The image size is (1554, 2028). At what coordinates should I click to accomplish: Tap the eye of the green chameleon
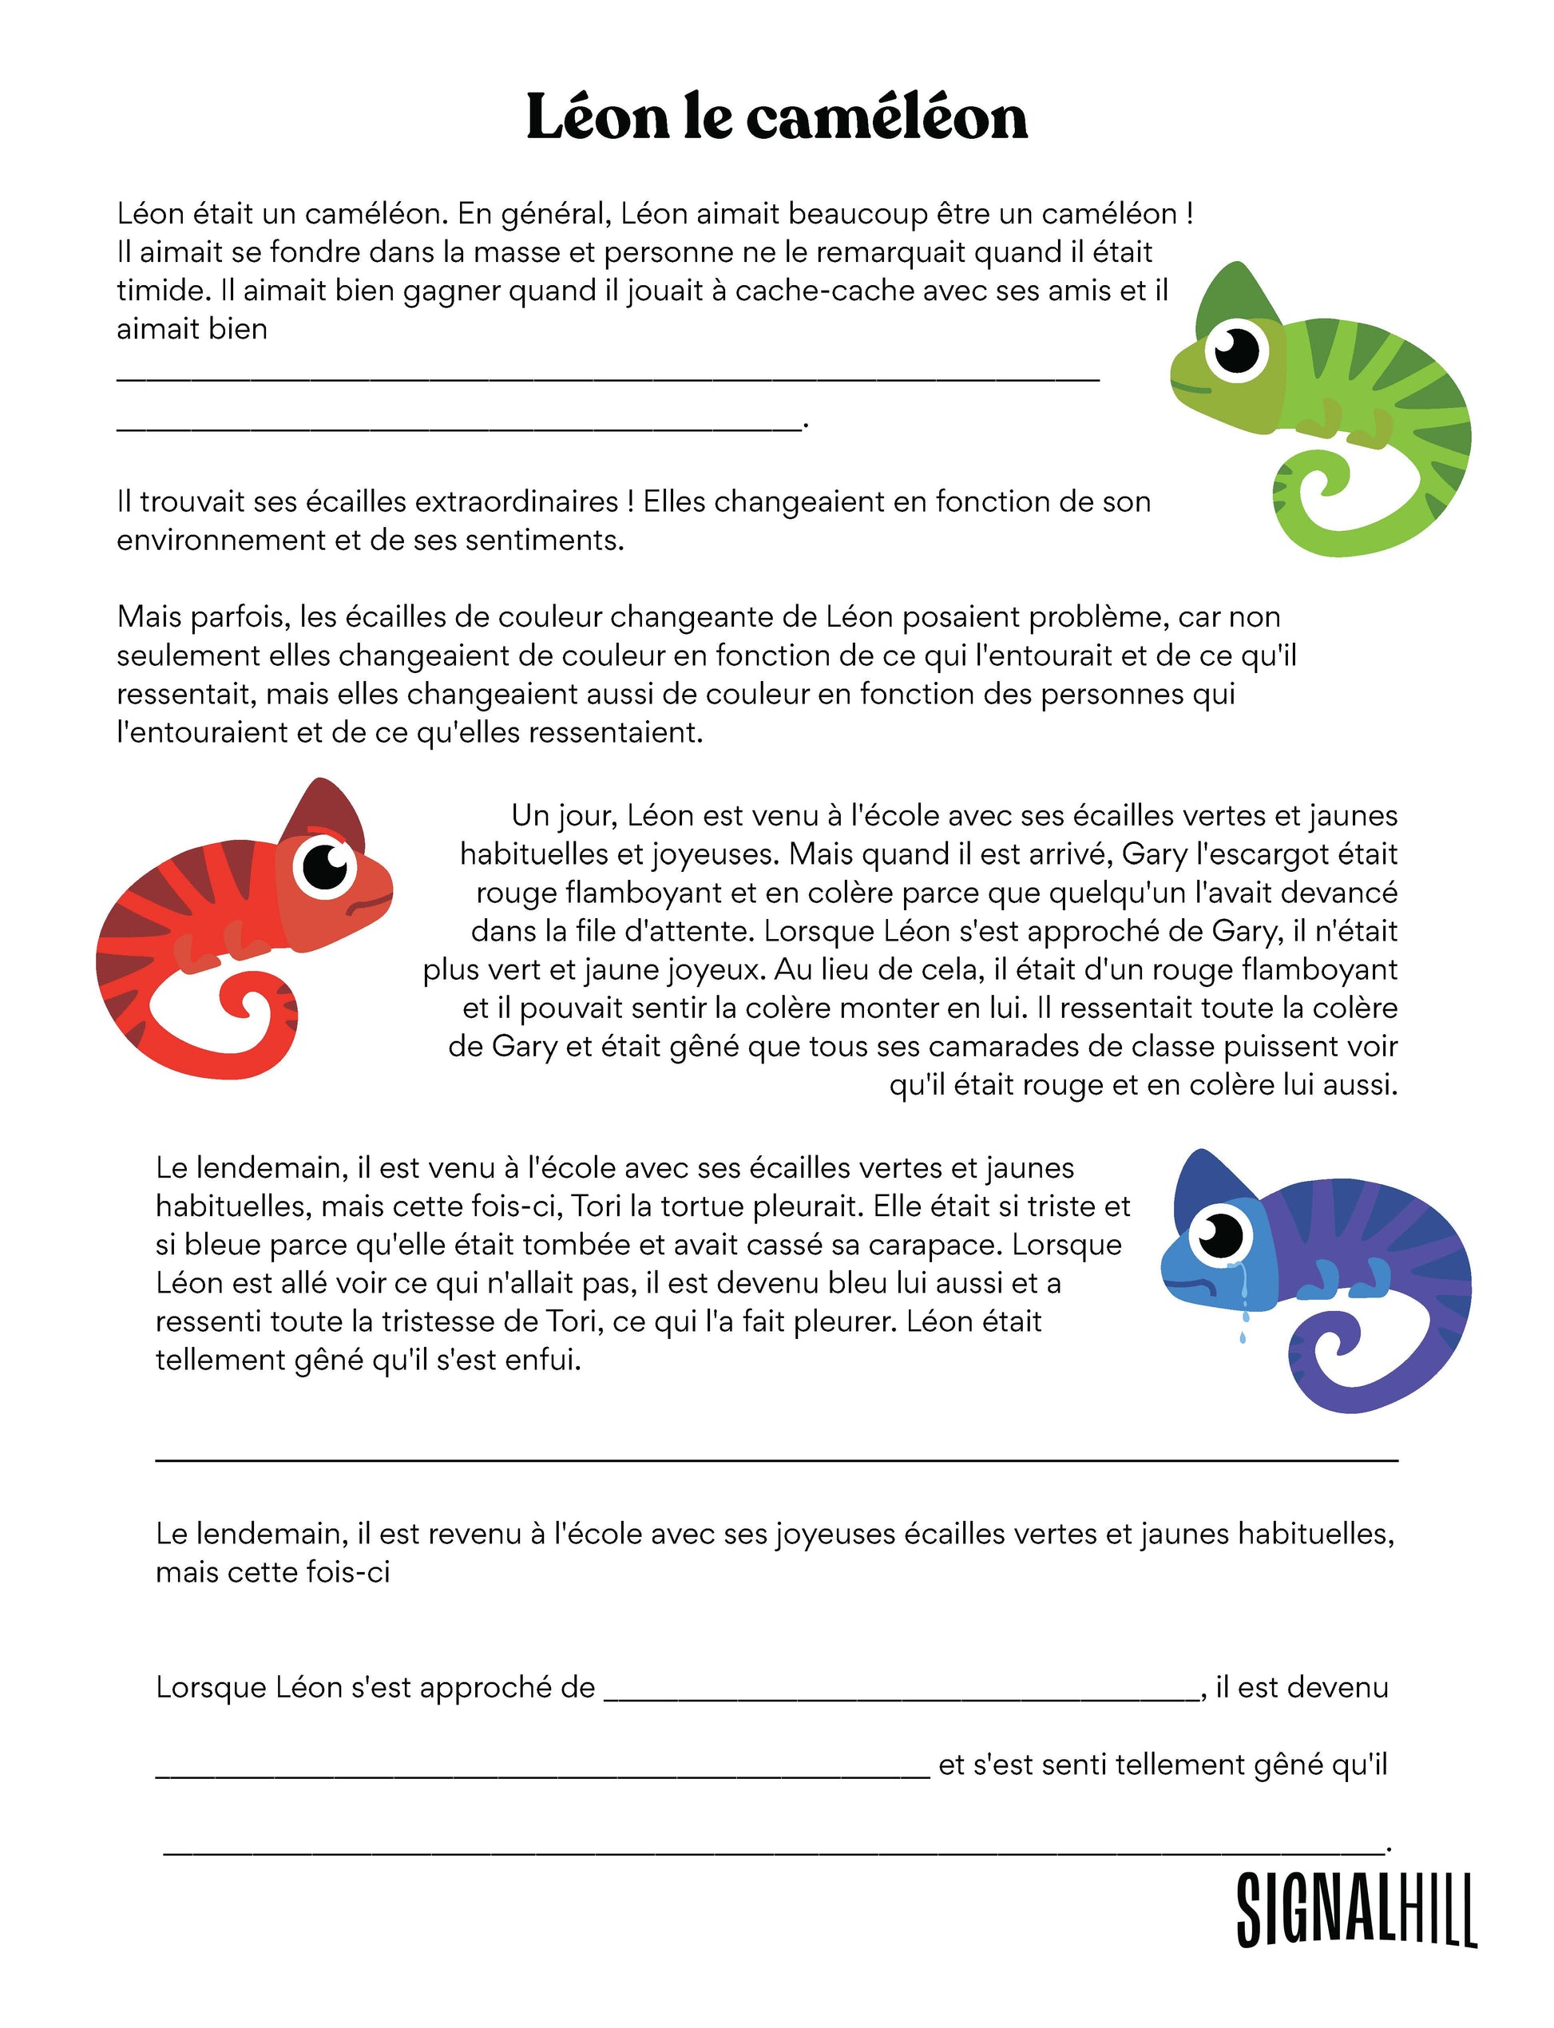click(1237, 349)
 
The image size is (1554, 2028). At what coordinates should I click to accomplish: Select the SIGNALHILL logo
click(1355, 1910)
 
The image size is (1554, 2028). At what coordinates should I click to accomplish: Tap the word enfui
click(544, 1360)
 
